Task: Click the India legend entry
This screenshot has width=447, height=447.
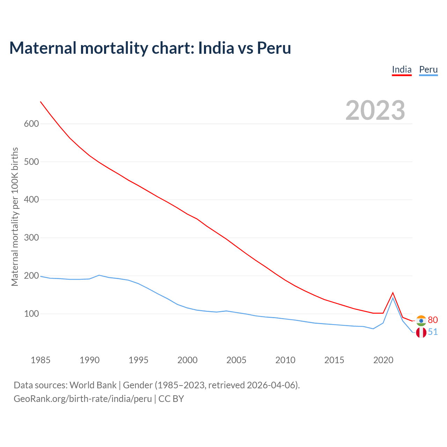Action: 402,69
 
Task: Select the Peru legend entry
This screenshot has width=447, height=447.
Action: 428,69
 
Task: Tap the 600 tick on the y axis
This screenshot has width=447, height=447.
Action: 31,124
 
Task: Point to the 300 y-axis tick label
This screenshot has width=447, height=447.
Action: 31,238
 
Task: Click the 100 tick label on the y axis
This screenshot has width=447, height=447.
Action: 31,314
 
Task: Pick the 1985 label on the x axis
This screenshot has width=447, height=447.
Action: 41,360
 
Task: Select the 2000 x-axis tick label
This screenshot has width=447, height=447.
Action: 188,360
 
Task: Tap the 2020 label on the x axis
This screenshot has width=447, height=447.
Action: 383,360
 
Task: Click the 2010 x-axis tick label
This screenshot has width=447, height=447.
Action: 285,360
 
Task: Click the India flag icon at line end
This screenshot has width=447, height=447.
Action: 421,321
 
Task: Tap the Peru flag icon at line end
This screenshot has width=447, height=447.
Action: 421,332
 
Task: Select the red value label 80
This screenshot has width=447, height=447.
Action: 433,320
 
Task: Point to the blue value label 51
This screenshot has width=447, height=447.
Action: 433,332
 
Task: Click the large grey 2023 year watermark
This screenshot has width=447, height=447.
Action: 375,110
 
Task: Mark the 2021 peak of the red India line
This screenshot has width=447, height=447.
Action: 393,293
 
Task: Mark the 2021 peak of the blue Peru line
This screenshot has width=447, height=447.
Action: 393,298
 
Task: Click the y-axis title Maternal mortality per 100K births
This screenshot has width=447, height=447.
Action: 15,217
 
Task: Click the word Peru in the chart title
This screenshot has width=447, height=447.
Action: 274,48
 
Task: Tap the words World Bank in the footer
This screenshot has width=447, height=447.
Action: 93,385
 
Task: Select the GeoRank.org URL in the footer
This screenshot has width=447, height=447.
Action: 83,399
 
